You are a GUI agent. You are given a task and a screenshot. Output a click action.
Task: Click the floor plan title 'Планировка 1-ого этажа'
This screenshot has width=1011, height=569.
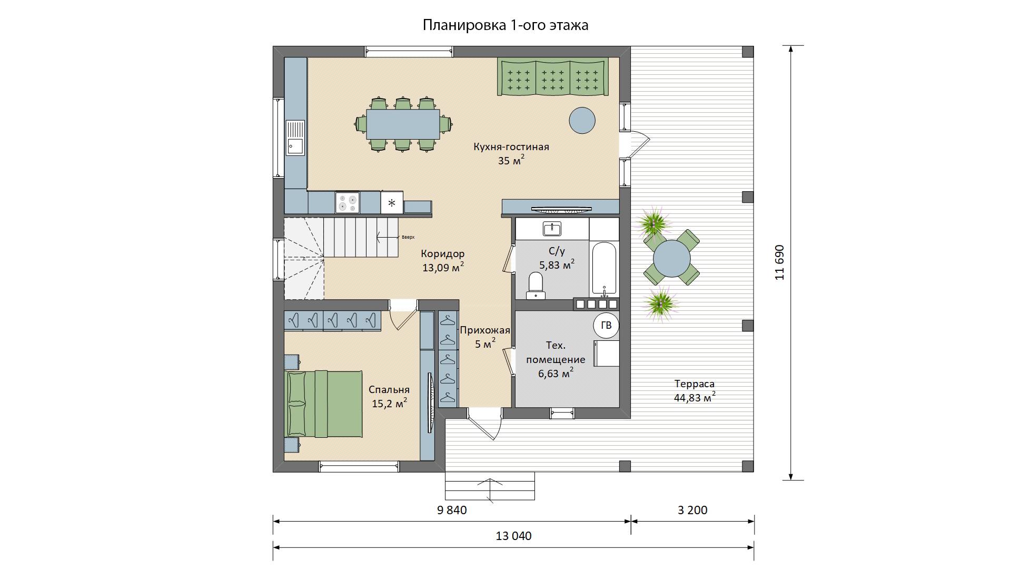506,25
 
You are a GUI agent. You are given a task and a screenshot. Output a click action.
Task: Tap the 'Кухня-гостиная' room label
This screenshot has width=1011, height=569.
511,147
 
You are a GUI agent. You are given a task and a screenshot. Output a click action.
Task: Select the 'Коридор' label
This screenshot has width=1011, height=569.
443,253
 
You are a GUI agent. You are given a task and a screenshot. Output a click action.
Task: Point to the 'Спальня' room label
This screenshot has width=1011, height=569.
389,390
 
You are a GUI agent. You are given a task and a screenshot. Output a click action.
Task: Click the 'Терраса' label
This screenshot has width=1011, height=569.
694,384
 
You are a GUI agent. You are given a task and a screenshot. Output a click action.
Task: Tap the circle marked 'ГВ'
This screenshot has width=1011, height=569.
606,326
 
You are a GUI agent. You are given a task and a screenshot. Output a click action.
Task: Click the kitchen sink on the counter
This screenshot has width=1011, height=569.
295,138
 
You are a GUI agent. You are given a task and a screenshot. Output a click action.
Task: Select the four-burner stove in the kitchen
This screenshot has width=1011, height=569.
348,203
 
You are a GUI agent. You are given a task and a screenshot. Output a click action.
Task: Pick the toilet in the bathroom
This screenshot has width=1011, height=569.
536,285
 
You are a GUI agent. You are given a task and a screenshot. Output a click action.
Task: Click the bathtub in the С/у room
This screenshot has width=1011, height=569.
604,268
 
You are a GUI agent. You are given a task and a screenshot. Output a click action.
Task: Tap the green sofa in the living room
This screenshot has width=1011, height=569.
553,77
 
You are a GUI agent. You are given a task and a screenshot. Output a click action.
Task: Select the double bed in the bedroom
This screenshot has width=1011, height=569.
323,404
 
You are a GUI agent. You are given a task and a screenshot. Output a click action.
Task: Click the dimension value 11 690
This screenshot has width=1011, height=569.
780,262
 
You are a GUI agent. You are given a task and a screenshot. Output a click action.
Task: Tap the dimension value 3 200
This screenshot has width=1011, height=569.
692,510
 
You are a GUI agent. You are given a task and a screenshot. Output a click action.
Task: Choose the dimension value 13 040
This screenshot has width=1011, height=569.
513,536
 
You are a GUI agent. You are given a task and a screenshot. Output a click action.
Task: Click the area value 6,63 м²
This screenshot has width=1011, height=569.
556,374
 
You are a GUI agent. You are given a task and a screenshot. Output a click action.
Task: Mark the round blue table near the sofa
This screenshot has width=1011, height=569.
582,120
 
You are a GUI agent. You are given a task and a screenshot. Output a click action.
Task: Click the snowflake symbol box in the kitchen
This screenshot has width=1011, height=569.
392,203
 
